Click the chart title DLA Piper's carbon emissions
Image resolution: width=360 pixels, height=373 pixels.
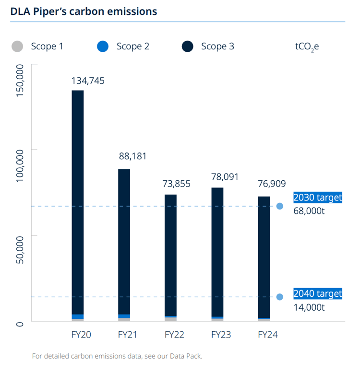click(x=84, y=11)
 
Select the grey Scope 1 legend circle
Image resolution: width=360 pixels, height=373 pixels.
click(x=17, y=47)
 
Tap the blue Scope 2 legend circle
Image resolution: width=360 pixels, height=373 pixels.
click(x=103, y=47)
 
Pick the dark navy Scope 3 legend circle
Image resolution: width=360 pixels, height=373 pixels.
click(x=188, y=47)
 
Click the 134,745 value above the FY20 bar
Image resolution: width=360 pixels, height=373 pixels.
click(x=88, y=81)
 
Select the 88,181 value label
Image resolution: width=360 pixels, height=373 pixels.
click(x=132, y=156)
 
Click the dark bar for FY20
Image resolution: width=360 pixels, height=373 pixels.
click(x=78, y=201)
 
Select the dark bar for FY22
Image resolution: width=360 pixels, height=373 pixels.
click(x=170, y=254)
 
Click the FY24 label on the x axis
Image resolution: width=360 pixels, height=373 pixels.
click(x=267, y=335)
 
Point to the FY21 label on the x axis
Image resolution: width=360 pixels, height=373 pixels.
click(x=128, y=335)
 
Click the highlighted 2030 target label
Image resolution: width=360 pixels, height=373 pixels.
click(x=317, y=198)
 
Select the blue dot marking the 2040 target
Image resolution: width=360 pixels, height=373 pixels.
click(x=280, y=297)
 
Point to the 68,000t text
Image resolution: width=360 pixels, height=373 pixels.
click(x=309, y=211)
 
